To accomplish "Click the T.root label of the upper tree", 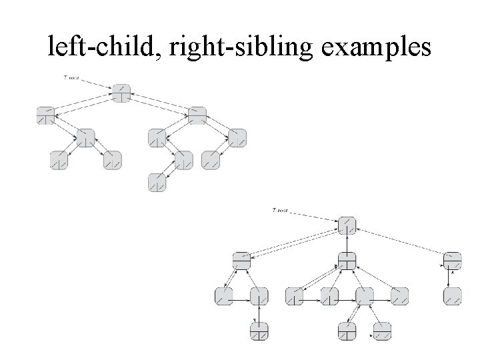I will coord(70,78).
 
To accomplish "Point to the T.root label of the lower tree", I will coord(282,211).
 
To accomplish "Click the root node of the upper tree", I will coord(121,93).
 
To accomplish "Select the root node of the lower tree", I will coord(347,225).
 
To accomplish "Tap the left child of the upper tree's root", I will coord(46,115).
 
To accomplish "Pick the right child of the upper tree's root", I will coord(197,115).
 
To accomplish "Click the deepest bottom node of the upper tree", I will coord(157,181).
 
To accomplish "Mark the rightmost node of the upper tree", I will coord(237,138).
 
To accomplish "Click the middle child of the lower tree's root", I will coord(347,261).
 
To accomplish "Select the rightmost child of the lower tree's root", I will coord(453,261).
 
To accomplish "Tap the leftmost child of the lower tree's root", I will coord(241,261).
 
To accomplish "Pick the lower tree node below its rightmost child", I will coord(453,296).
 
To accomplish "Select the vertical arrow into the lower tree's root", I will coord(347,243).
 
